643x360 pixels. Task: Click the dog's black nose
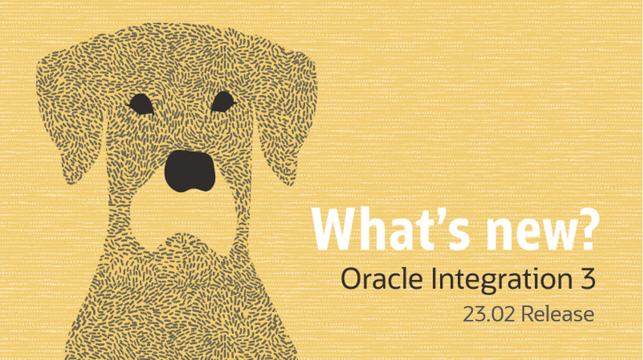coord(190,171)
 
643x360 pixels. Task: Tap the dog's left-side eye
coord(140,104)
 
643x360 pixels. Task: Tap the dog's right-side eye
coord(223,102)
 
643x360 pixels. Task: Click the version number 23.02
coord(489,314)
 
